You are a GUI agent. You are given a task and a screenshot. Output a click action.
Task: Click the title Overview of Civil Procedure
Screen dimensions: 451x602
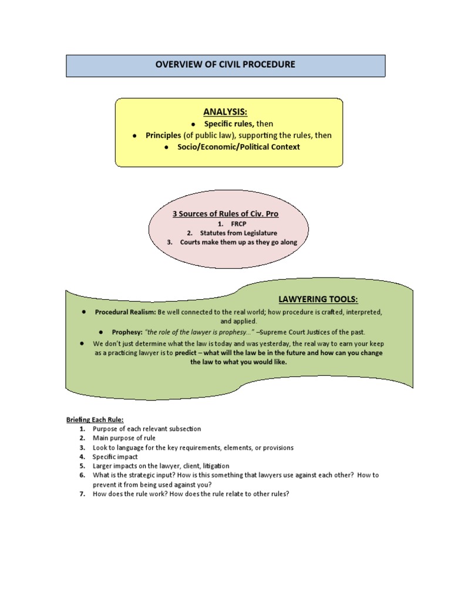point(225,64)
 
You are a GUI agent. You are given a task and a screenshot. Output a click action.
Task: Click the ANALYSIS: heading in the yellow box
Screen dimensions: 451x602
point(225,112)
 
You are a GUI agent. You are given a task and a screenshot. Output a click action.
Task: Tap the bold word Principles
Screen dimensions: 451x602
point(163,135)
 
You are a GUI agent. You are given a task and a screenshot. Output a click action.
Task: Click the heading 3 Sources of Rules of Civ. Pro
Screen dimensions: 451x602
point(225,214)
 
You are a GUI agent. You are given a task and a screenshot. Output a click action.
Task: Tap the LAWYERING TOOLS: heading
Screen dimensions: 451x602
point(318,300)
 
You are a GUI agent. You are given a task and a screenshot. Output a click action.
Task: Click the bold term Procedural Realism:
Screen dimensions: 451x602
point(126,312)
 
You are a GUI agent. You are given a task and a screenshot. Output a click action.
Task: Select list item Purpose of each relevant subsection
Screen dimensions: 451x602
point(147,429)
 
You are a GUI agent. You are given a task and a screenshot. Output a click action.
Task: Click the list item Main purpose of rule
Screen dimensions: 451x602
point(124,438)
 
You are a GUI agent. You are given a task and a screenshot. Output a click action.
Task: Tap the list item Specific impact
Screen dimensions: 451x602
point(115,456)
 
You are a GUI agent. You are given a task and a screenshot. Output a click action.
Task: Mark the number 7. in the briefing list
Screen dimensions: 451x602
point(82,494)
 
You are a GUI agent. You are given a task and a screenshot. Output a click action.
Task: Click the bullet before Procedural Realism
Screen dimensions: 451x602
point(85,312)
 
